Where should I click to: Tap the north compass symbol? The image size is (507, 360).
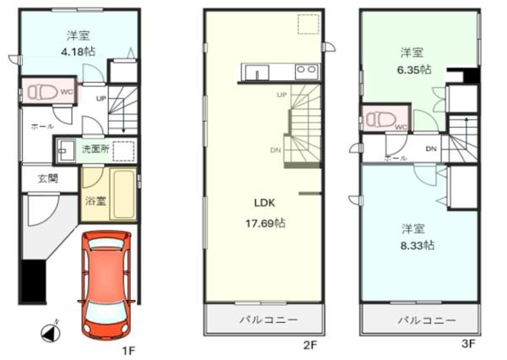[51, 332]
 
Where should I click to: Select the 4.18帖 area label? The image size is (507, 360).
[79, 51]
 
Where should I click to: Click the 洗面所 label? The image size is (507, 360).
[95, 149]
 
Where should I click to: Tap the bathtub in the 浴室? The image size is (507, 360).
[123, 194]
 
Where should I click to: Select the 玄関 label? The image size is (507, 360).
[48, 178]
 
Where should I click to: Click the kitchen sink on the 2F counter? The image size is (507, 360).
[256, 72]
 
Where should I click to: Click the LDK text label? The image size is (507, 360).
[264, 203]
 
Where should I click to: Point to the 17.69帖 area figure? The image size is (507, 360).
[265, 223]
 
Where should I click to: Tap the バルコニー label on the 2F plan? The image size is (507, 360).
[269, 320]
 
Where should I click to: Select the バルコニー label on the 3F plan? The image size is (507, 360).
[427, 320]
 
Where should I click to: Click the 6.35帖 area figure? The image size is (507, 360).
[414, 69]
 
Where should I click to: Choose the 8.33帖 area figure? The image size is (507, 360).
[417, 245]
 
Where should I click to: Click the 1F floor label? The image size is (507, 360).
[128, 351]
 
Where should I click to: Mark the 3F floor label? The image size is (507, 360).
[468, 343]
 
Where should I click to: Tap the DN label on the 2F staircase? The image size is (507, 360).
[275, 150]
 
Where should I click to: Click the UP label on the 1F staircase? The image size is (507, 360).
[101, 98]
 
